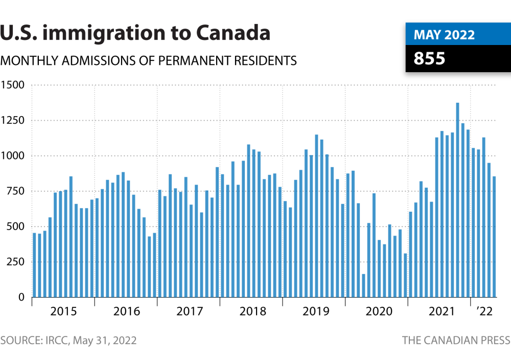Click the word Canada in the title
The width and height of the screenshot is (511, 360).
(x=233, y=33)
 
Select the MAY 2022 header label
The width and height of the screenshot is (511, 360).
(x=444, y=35)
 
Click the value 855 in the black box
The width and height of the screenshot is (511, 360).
(x=429, y=58)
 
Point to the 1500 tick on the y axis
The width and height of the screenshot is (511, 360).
(x=12, y=85)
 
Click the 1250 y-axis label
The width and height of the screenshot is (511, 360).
(x=12, y=120)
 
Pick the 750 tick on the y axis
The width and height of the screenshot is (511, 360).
(x=15, y=191)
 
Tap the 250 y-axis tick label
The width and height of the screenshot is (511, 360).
(x=15, y=262)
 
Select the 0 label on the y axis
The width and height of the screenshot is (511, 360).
(x=21, y=297)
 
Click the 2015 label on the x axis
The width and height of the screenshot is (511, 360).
(x=63, y=311)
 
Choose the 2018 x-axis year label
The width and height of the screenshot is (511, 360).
(x=252, y=311)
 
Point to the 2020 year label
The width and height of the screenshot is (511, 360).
(x=379, y=311)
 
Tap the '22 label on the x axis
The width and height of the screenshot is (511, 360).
(x=484, y=311)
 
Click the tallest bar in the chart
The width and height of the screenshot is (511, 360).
(x=457, y=200)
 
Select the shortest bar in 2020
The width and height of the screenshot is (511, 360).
(x=363, y=286)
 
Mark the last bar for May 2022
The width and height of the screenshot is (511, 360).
(x=494, y=237)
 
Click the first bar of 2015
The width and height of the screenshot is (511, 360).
(x=34, y=265)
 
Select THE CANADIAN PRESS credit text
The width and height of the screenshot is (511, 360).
(x=456, y=341)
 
